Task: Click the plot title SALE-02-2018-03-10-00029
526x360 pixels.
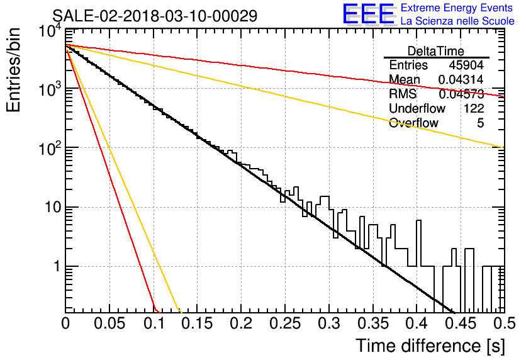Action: point(155,16)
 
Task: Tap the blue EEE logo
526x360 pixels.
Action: point(369,14)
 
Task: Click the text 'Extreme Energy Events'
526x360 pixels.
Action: point(457,8)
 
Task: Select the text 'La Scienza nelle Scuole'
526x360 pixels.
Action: point(457,21)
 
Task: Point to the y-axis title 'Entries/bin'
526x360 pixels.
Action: point(13,70)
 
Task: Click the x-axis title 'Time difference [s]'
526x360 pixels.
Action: point(430,346)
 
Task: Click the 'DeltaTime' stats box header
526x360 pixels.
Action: point(436,51)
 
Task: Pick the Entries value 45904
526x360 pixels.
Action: point(466,65)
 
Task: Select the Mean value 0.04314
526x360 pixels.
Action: point(461,79)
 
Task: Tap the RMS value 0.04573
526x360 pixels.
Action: point(461,94)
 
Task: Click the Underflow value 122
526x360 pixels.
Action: point(474,108)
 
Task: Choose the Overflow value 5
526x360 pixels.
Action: point(480,123)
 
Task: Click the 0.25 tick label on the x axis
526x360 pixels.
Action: point(285,323)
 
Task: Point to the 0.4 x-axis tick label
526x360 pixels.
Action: point(417,323)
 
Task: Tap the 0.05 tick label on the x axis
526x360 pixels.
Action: point(109,323)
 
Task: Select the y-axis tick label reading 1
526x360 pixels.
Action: point(57,267)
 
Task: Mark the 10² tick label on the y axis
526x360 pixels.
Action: point(51,147)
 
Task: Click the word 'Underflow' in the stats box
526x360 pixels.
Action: point(417,108)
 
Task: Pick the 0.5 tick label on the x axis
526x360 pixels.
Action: point(504,323)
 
